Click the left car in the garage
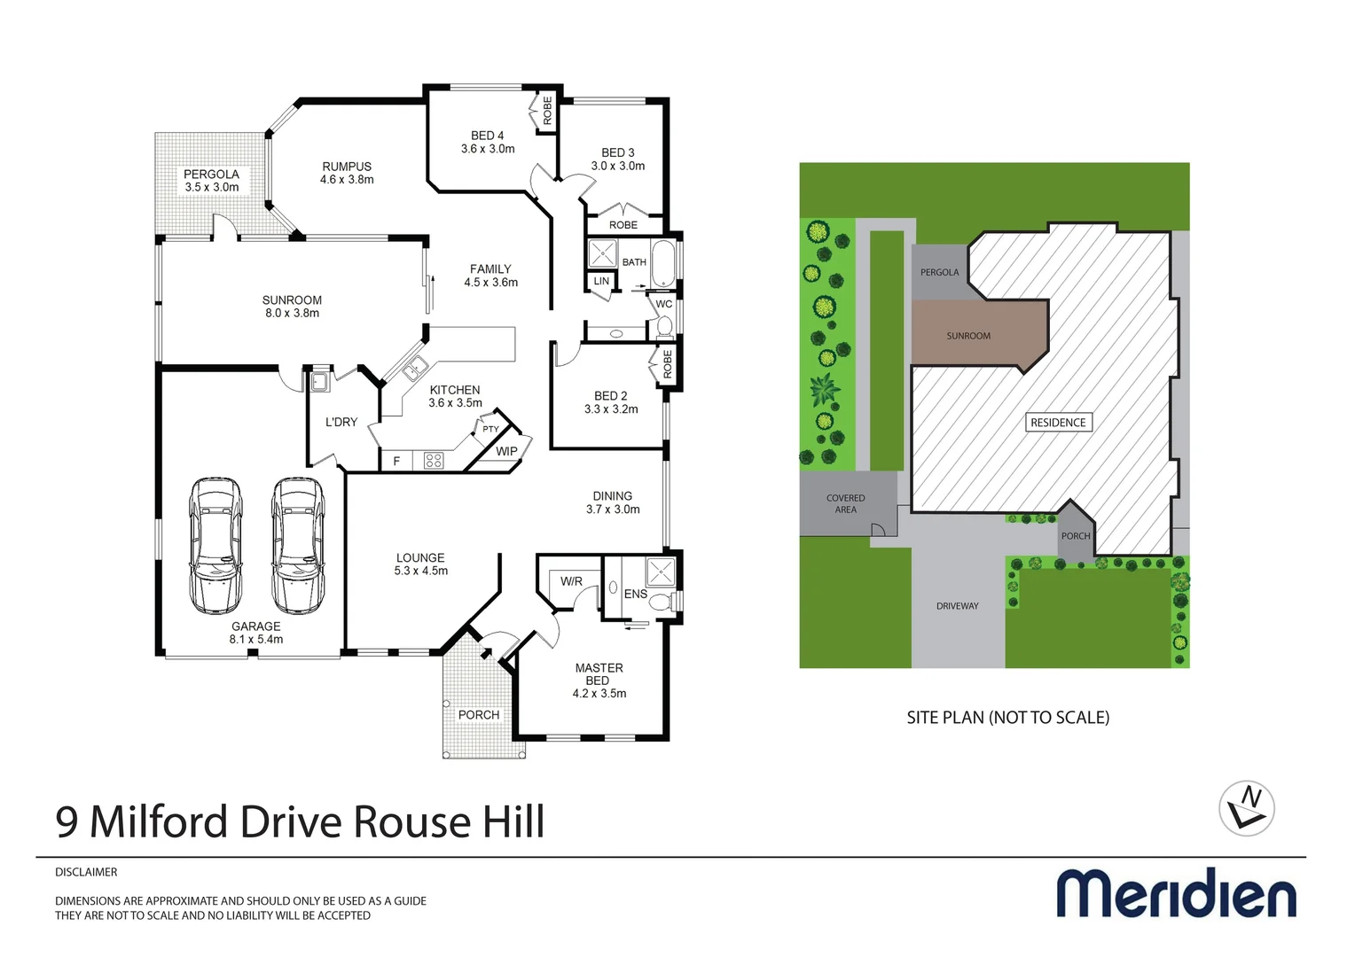tap(215, 546)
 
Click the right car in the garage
tap(298, 546)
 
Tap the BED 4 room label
tap(487, 136)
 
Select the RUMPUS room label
tap(347, 167)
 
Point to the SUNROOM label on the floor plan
tap(292, 300)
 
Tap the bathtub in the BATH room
tap(662, 263)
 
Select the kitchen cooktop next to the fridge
tap(433, 460)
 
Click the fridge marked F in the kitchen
tap(396, 461)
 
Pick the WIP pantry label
tap(506, 451)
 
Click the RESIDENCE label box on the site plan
tap(1058, 423)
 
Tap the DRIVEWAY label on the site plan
tap(957, 606)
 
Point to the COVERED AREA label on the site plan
tap(845, 503)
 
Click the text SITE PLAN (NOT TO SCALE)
tap(1007, 718)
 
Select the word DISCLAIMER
tap(86, 872)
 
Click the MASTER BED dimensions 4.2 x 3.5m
tap(599, 694)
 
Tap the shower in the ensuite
tap(660, 572)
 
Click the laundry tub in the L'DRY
tap(318, 382)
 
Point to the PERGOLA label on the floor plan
tap(211, 175)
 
